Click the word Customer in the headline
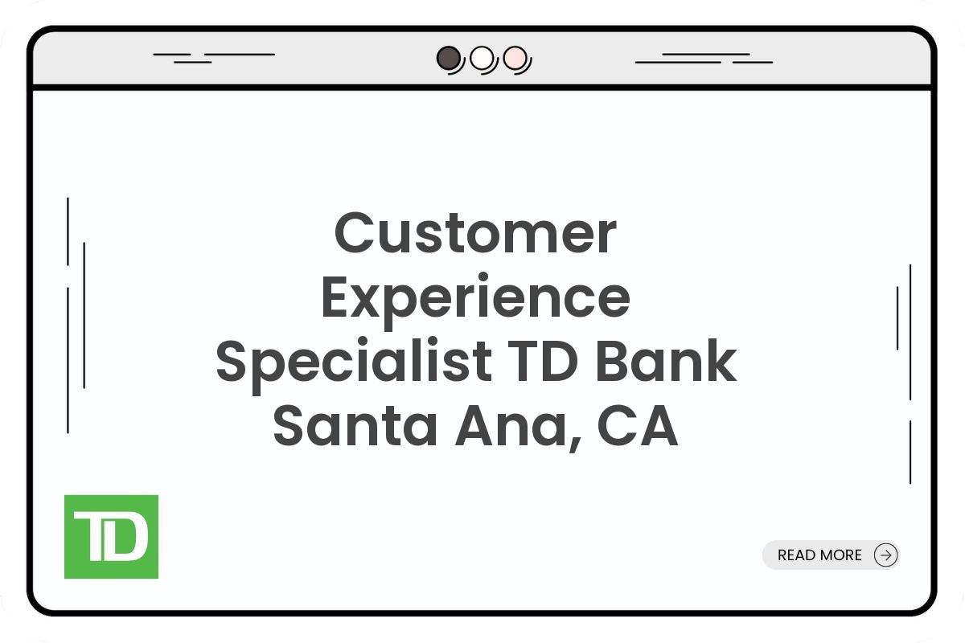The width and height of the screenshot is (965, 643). pyautogui.click(x=475, y=233)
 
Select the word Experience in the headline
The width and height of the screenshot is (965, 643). pyautogui.click(x=475, y=298)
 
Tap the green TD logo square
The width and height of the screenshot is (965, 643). pyautogui.click(x=111, y=537)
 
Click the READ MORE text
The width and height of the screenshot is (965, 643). pyautogui.click(x=819, y=555)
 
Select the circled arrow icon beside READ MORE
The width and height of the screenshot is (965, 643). pyautogui.click(x=885, y=555)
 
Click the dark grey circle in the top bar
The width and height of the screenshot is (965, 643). pyautogui.click(x=448, y=58)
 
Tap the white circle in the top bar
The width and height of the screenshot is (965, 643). pyautogui.click(x=481, y=58)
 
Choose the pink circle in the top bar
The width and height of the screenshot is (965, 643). pyautogui.click(x=514, y=58)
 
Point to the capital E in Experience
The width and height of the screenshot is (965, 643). pyautogui.click(x=336, y=298)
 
